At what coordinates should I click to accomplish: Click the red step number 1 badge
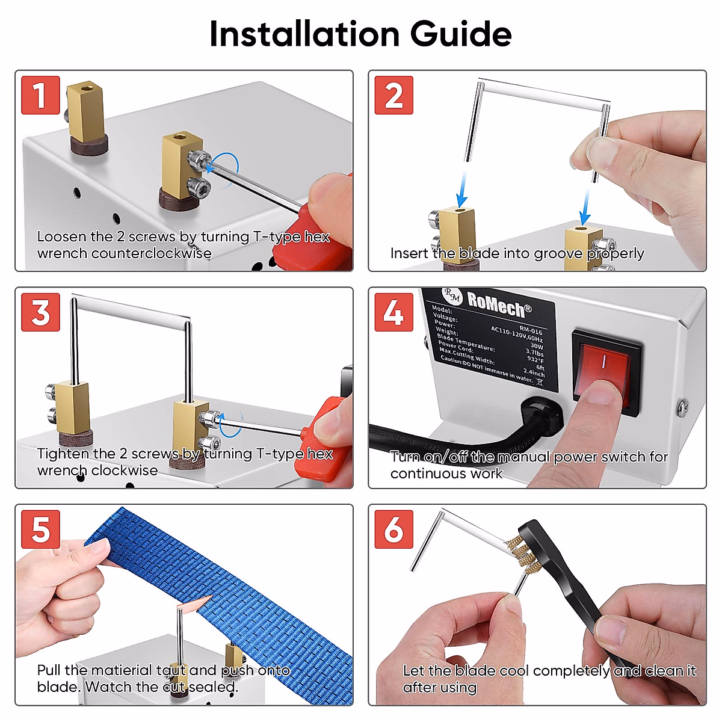coord(40,95)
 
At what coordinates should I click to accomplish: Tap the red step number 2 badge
coord(393,95)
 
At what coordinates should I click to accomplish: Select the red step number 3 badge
coord(40,312)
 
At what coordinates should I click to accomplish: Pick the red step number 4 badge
coord(393,312)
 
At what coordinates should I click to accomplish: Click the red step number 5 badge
coord(40,529)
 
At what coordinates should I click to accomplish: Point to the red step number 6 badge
coord(393,529)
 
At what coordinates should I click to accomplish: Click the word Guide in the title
coord(461,34)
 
